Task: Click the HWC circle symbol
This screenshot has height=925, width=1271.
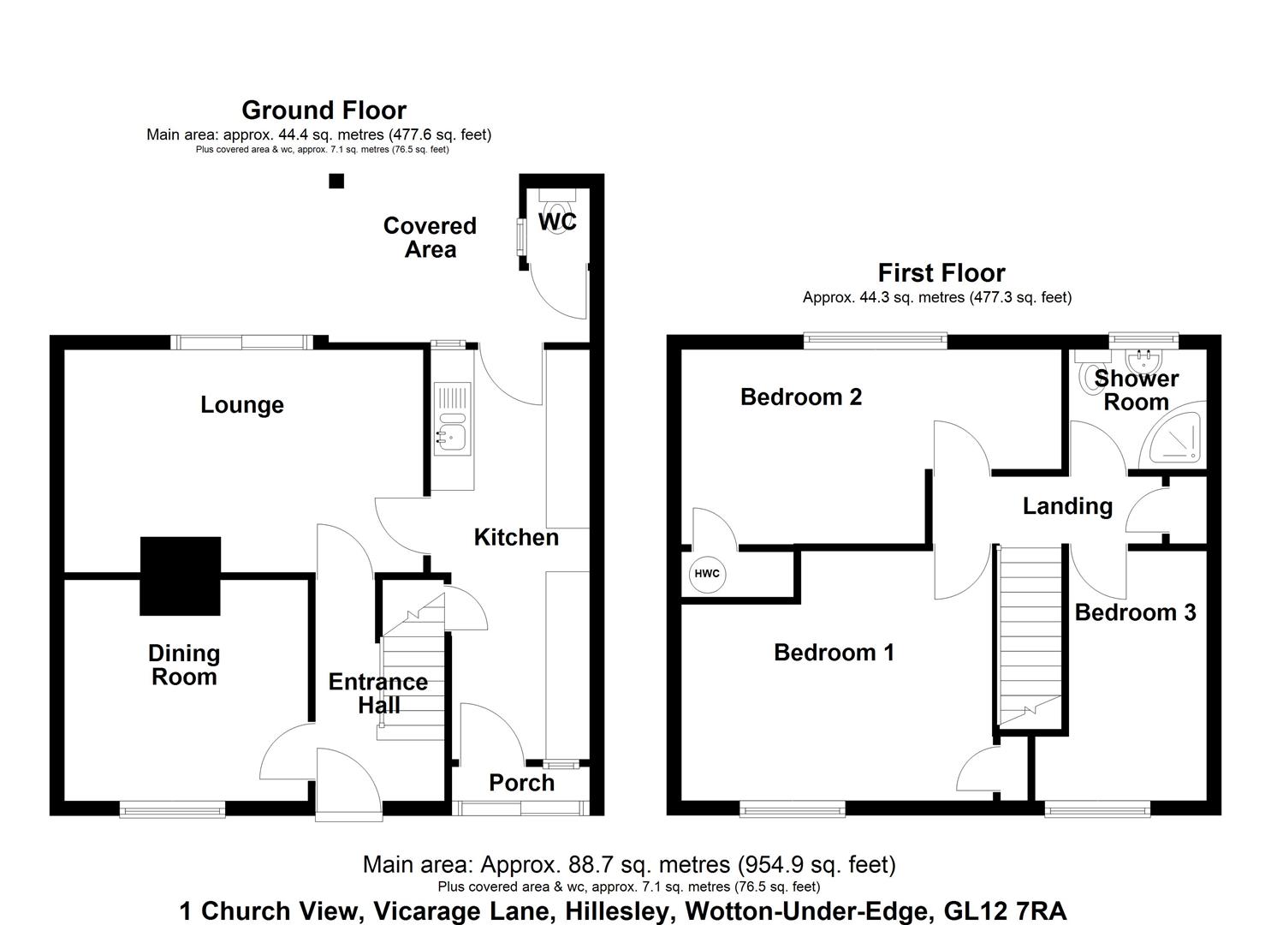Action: click(x=707, y=574)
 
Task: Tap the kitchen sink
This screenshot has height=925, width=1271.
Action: click(x=451, y=437)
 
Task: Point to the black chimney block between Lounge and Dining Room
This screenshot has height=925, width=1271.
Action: click(x=180, y=576)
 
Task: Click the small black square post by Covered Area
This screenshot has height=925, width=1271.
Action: click(x=336, y=181)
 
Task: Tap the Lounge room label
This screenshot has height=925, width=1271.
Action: click(x=242, y=405)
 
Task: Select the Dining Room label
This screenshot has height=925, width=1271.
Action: click(x=184, y=665)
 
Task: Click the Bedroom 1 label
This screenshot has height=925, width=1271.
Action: click(x=834, y=653)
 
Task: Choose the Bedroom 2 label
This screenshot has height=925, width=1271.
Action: click(x=800, y=397)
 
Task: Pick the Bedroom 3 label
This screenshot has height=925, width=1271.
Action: click(x=1135, y=612)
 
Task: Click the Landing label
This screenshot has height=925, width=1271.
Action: click(x=1067, y=506)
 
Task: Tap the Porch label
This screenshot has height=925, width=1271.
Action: click(x=521, y=783)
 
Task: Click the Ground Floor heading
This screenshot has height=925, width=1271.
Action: click(x=324, y=110)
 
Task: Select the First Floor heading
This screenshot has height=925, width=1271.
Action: click(x=941, y=273)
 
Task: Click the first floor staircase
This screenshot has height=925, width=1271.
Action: click(x=1030, y=634)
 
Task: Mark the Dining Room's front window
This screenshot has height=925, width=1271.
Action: click(x=172, y=808)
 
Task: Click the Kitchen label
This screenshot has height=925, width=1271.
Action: click(x=516, y=538)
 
